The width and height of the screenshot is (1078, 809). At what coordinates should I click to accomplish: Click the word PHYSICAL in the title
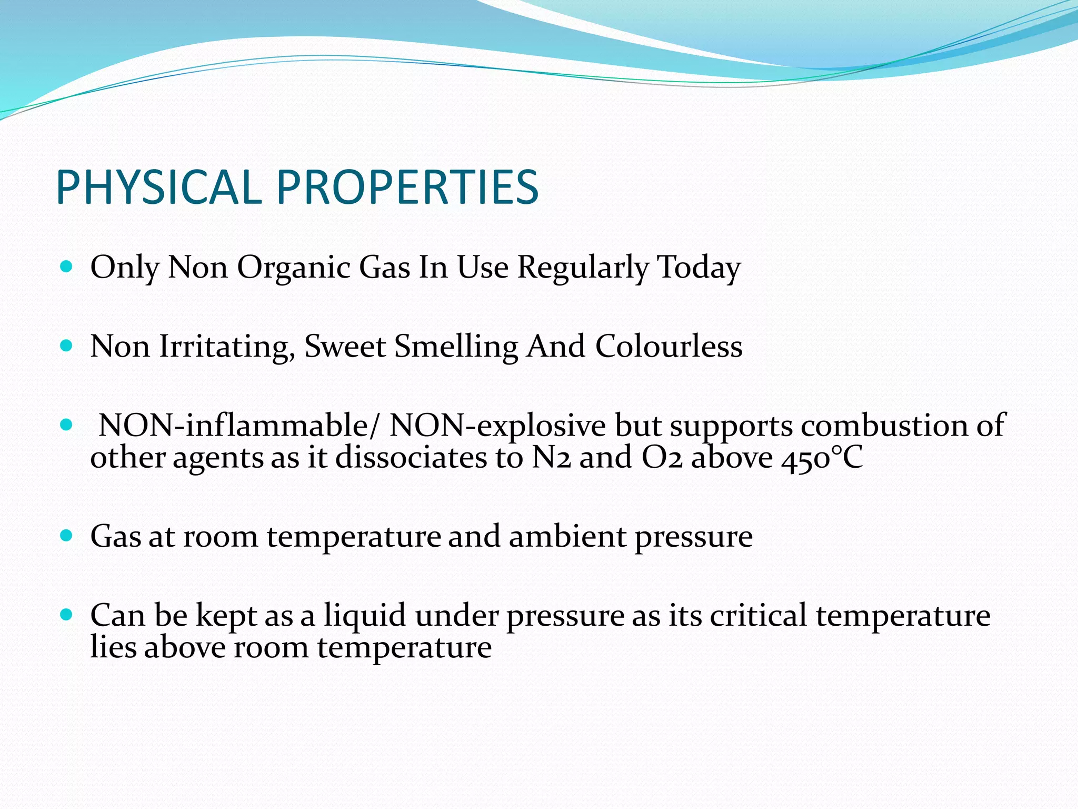(x=158, y=188)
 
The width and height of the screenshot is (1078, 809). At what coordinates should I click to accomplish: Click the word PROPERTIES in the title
(x=407, y=188)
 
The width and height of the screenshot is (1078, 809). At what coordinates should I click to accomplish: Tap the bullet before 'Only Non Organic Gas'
(x=66, y=267)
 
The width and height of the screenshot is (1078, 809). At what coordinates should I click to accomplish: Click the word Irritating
(x=226, y=347)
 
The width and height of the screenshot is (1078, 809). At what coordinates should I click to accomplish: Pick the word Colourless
(x=668, y=347)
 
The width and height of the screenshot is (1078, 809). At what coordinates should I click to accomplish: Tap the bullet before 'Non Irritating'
(x=66, y=346)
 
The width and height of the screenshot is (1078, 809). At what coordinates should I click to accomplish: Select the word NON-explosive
(x=497, y=425)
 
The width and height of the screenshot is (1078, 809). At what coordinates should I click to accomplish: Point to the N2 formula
(x=551, y=457)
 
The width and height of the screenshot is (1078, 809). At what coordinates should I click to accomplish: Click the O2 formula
(x=662, y=457)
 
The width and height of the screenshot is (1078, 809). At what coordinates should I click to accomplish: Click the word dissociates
(x=411, y=457)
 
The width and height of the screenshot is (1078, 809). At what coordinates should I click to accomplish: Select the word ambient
(x=567, y=536)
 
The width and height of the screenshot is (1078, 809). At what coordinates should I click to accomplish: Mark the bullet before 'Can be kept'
(x=66, y=615)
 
